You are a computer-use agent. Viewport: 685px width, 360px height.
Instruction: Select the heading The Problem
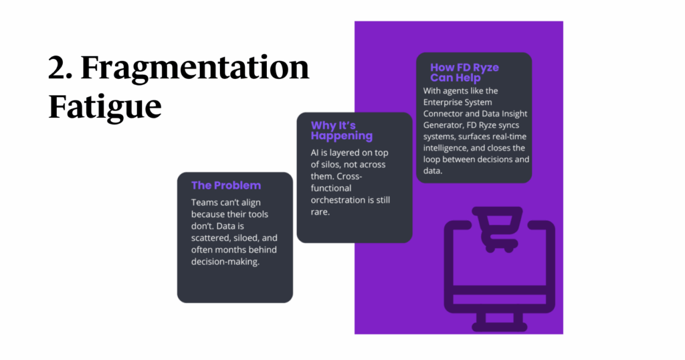226,185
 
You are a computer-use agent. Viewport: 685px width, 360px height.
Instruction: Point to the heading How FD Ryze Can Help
464,72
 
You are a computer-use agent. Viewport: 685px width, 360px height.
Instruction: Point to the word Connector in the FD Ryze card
446,114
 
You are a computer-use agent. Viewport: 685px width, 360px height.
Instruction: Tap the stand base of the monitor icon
500,326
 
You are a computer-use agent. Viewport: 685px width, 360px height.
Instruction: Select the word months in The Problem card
233,250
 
